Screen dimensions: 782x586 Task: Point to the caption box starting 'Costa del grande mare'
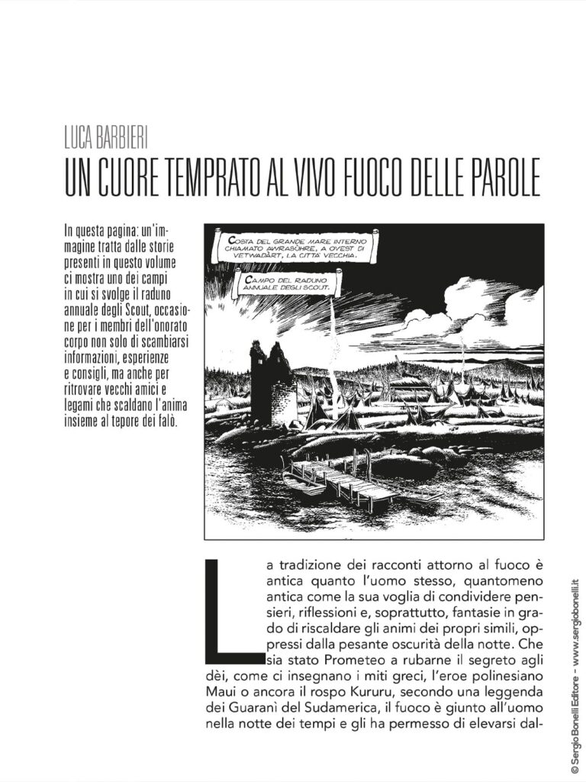(x=294, y=249)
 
